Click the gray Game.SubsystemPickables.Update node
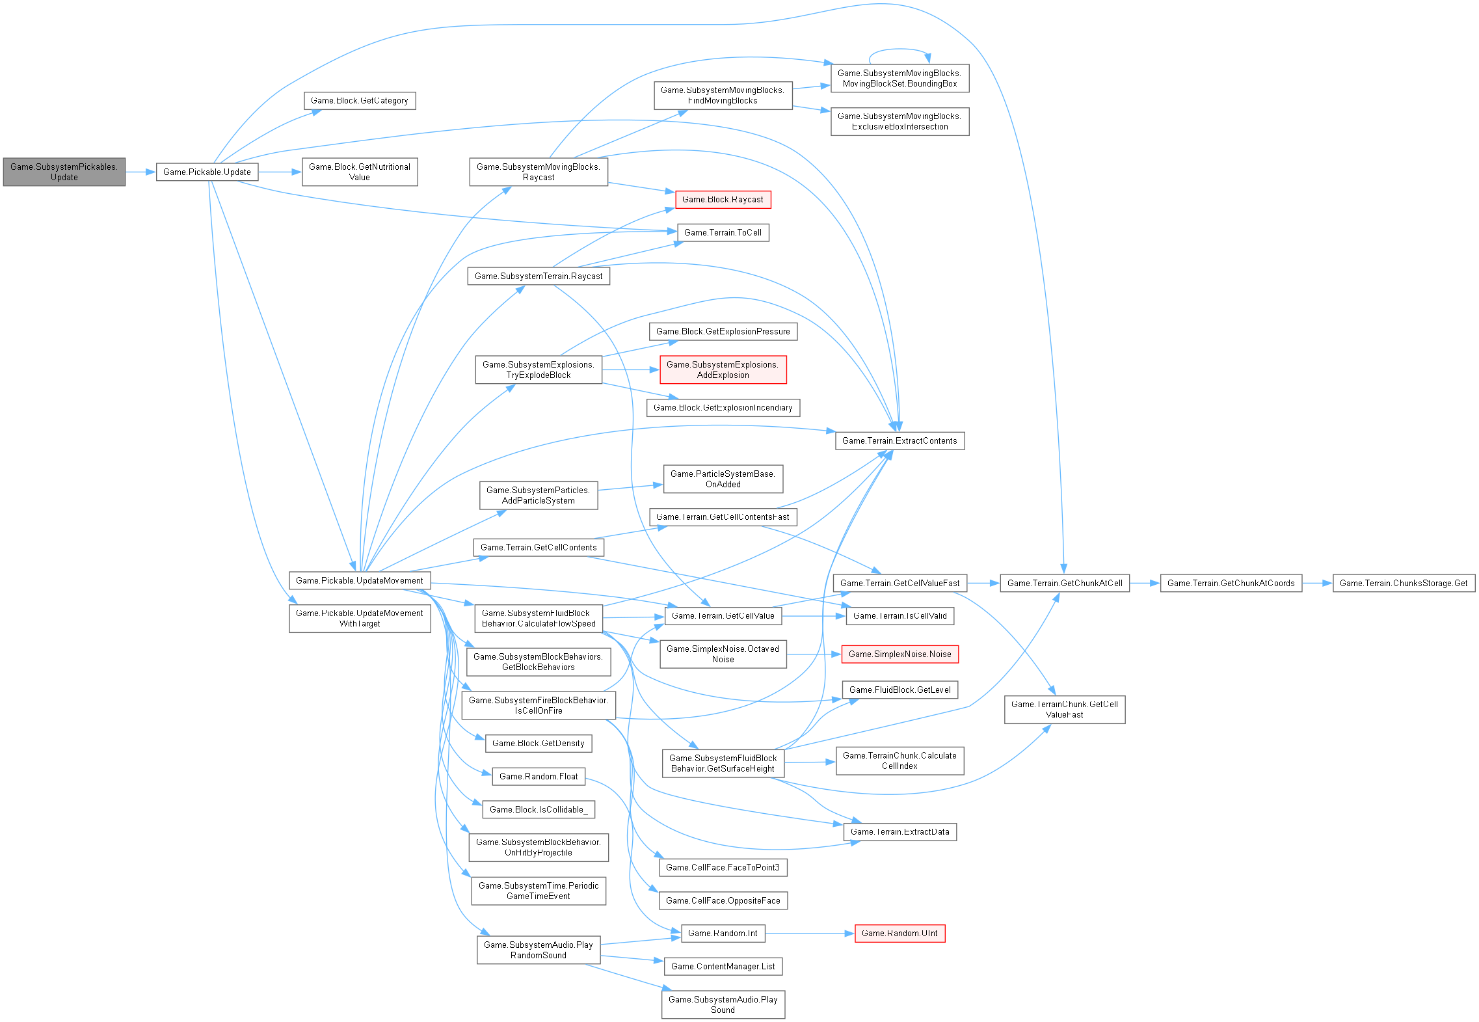64,172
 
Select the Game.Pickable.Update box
207,172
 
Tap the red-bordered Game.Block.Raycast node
723,200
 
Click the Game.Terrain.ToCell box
723,232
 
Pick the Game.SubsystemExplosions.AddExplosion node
723,370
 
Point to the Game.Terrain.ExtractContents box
899,440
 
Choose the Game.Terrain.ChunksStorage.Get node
1404,583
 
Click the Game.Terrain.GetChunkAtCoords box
1231,583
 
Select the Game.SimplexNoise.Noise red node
899,654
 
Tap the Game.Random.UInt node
899,933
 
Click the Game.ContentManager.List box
723,966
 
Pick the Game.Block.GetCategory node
359,101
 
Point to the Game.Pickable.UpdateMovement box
359,580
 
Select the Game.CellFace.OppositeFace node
723,900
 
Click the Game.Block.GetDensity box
538,743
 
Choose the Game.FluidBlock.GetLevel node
899,690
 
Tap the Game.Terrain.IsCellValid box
899,615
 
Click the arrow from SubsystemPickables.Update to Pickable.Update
140,172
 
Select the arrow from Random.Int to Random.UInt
810,933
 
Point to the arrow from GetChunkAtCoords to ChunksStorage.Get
1317,583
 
